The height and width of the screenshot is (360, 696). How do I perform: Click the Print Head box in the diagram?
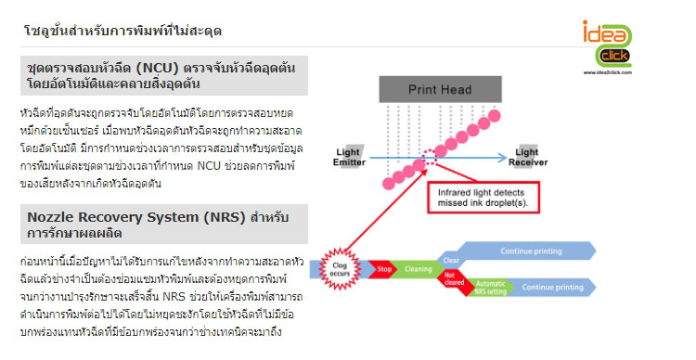434,90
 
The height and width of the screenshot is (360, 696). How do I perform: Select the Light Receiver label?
526,157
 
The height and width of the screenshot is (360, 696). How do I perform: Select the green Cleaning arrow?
419,269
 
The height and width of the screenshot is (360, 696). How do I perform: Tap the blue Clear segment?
451,261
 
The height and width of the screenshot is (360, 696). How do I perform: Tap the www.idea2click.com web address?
608,71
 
